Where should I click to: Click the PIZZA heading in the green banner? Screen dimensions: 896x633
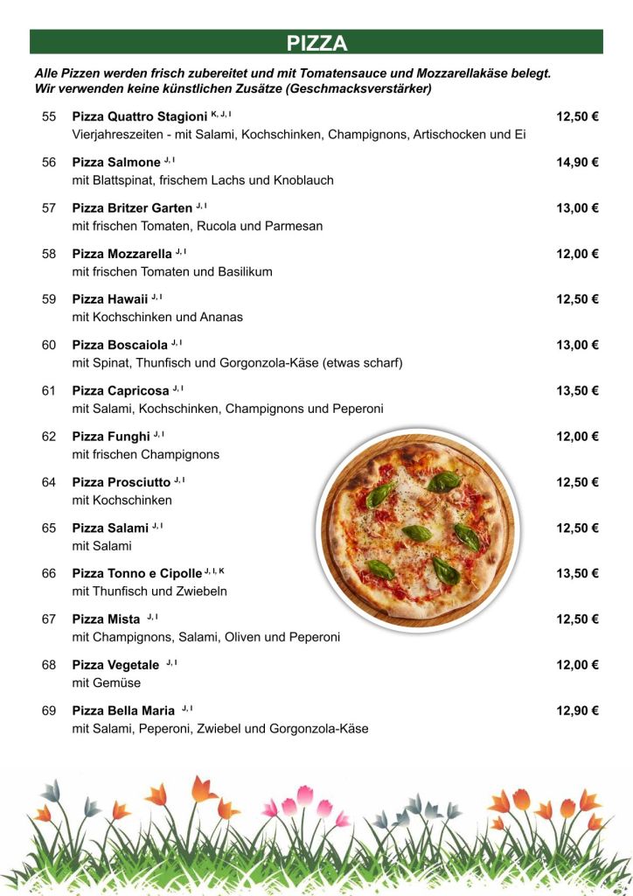[x=316, y=43]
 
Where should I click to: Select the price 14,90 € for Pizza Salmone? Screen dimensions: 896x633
[x=577, y=162]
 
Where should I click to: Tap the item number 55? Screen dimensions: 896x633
[x=49, y=116]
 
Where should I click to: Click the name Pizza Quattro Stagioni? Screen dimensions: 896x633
[x=140, y=116]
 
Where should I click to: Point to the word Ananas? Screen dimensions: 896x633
[x=223, y=317]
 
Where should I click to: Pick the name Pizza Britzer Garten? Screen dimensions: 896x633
[x=132, y=208]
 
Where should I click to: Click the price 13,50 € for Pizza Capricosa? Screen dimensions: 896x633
[x=577, y=390]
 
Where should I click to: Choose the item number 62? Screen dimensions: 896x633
[x=49, y=437]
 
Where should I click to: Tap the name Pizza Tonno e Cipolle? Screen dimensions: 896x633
[x=137, y=574]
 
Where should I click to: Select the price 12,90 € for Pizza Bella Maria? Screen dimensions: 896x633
[x=577, y=710]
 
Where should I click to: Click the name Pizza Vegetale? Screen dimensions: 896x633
[x=115, y=665]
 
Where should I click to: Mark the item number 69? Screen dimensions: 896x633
[x=49, y=710]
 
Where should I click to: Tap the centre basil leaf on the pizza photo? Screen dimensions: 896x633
[x=417, y=532]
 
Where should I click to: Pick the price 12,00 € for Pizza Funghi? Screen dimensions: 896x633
[x=577, y=437]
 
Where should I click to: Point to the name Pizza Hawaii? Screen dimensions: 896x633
[x=110, y=299]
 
